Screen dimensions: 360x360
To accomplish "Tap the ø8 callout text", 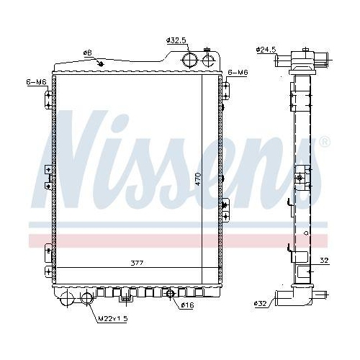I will [87, 52].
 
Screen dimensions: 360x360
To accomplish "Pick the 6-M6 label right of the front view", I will [238, 73].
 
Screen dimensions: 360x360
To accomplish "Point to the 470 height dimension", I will [197, 179].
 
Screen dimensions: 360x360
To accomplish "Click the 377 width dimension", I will [136, 264].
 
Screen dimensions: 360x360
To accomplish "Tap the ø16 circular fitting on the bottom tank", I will [171, 293].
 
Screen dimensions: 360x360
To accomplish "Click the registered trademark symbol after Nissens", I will [325, 142].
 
